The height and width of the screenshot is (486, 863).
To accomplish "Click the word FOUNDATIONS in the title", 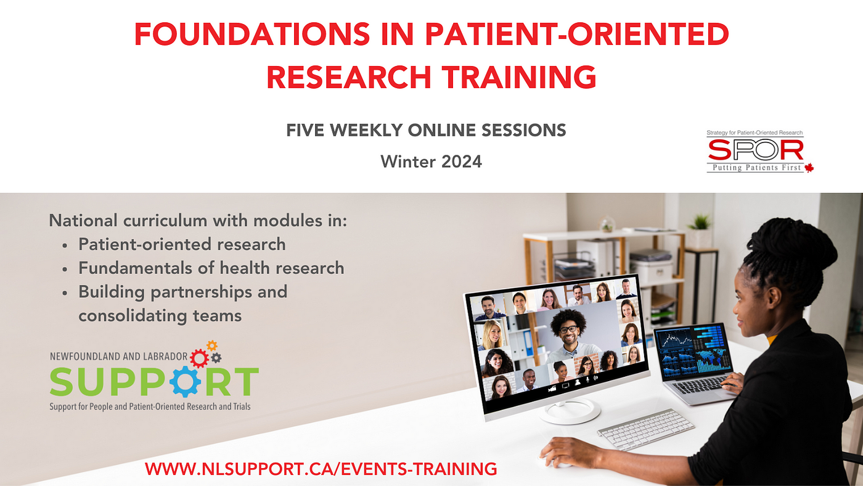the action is pos(252,35).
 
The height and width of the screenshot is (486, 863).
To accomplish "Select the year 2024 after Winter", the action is pos(462,162).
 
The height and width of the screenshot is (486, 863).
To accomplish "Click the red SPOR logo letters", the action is pos(756,150).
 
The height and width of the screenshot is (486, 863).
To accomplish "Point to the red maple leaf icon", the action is pos(809,168).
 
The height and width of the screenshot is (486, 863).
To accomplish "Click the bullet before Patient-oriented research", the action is pos(65,245).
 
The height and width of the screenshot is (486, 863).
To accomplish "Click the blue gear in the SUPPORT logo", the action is pos(185,381).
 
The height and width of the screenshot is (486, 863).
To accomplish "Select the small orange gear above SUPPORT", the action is pos(212,345).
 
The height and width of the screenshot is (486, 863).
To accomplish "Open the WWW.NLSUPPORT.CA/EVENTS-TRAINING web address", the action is pos(321,469).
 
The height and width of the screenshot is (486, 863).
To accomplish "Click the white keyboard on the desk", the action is pos(646,429).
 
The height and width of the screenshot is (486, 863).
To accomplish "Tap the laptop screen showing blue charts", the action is pos(693,352).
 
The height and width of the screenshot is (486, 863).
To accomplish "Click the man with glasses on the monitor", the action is pos(569,334).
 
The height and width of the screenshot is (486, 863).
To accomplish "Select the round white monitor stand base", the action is pos(570,412).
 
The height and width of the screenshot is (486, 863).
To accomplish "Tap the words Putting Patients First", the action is pos(757,168).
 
